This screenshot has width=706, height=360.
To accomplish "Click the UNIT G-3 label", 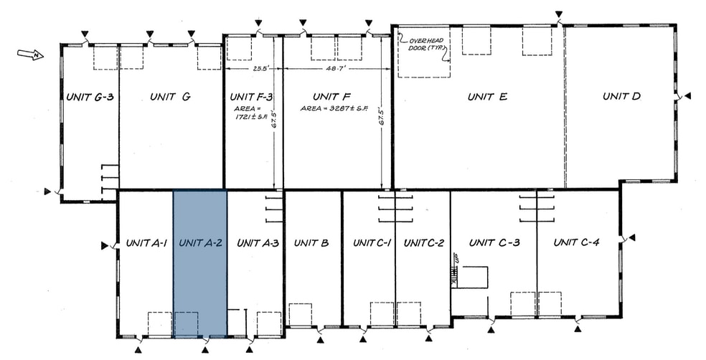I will tap(90, 97).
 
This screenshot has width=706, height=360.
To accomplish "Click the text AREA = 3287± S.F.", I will tap(334, 109).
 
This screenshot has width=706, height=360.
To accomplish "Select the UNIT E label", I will tap(487, 97).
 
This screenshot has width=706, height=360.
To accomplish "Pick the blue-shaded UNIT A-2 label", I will tap(200, 243).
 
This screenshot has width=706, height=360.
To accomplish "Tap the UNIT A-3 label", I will tap(257, 243).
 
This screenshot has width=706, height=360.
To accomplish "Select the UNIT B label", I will tap(311, 243).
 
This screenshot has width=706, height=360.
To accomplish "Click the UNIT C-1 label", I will tap(372, 243).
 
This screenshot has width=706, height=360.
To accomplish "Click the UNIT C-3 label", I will tap(494, 243).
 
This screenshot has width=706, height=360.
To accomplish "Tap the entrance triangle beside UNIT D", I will tap(687, 95).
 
